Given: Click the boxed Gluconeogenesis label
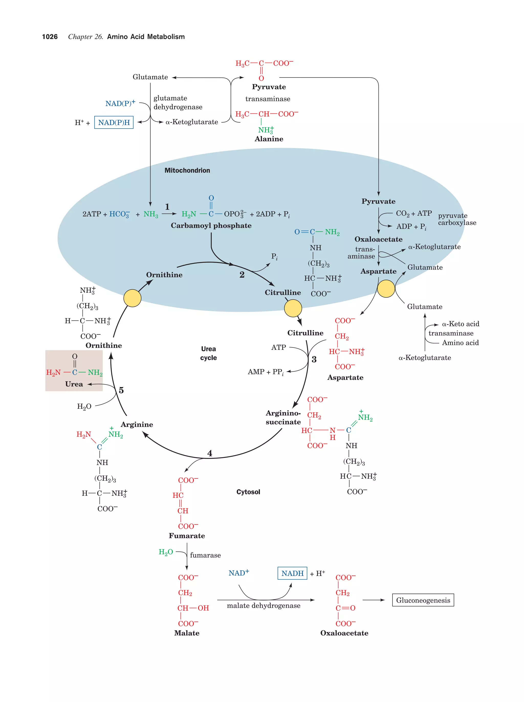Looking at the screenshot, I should click(x=423, y=600).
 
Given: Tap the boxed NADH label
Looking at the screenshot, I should click(x=292, y=573).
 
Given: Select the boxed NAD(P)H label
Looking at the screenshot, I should click(x=114, y=122).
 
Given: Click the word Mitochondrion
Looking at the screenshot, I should click(x=187, y=170).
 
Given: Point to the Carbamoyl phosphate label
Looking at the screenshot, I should click(x=211, y=225).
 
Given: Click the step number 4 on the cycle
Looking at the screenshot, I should click(x=210, y=453).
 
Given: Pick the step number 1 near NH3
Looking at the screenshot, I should click(x=167, y=207).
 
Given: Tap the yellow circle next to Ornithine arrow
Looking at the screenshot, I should click(x=132, y=298).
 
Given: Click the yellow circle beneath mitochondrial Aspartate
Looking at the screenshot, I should click(x=386, y=288).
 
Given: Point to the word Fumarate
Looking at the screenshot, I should click(x=187, y=536).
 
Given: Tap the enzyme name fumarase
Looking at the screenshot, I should click(x=205, y=555).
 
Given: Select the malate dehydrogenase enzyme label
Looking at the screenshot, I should click(x=264, y=605).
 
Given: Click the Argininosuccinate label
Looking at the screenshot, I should click(x=283, y=417).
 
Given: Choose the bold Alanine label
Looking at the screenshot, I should click(x=269, y=139).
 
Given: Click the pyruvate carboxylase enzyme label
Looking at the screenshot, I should click(x=457, y=219).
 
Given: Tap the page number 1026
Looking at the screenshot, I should click(x=50, y=37).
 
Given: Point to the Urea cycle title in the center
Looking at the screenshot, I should click(x=208, y=353).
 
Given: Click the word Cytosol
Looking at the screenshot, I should click(x=248, y=492).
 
